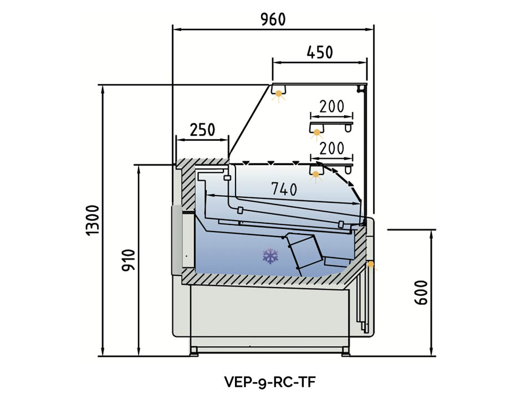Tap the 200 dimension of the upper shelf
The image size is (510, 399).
click(332, 106)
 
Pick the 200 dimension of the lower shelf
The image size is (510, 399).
click(332, 148)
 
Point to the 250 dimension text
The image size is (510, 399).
click(202, 130)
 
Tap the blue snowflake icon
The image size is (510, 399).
click(270, 256)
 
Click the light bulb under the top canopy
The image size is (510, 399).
click(279, 94)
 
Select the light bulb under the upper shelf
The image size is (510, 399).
click(317, 133)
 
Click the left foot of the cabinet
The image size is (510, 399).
click(195, 351)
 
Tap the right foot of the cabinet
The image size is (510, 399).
click(345, 351)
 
